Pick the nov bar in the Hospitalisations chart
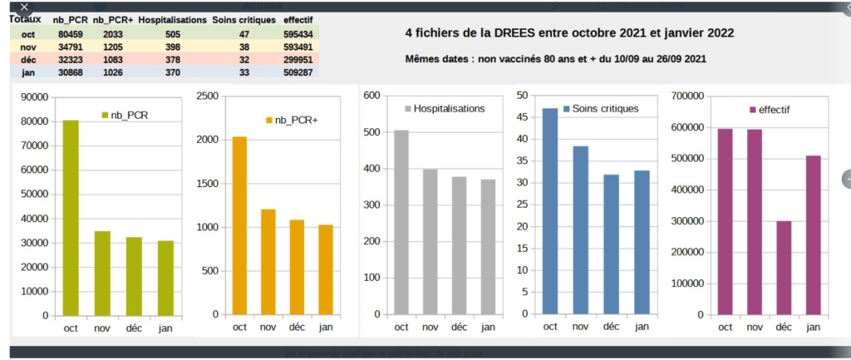click(x=430, y=242)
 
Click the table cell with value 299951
click(x=298, y=61)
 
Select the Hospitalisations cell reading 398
click(x=173, y=47)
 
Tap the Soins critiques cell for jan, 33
click(x=243, y=73)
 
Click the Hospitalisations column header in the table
click(x=172, y=20)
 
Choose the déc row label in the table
click(x=28, y=61)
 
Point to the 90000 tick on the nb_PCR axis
click(x=36, y=97)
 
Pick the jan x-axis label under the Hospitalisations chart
click(x=487, y=327)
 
